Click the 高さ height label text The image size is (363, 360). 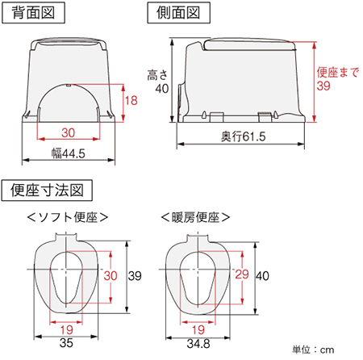tap(158, 74)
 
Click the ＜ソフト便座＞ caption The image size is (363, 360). tap(68, 217)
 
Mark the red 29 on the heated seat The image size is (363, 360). tap(240, 275)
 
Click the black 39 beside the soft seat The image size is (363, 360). tap(135, 275)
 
